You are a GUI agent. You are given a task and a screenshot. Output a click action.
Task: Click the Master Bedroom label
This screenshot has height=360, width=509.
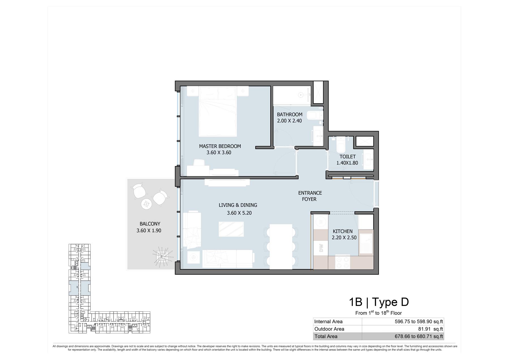(x=220, y=146)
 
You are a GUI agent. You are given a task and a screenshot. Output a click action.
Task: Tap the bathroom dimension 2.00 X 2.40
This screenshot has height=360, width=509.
(x=289, y=121)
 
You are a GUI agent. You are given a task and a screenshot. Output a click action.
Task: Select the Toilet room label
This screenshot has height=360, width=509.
(x=348, y=157)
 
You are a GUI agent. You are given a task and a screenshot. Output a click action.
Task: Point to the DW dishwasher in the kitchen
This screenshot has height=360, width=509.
(x=321, y=248)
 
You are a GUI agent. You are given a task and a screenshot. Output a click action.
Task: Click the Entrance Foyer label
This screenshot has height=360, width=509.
(x=310, y=196)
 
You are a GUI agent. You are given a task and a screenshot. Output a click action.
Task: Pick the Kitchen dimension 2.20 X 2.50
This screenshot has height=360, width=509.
(x=344, y=238)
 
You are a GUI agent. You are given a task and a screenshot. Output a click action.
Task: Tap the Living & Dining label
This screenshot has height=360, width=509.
(x=238, y=205)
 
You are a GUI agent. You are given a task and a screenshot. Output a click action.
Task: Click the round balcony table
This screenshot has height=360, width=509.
(x=146, y=204)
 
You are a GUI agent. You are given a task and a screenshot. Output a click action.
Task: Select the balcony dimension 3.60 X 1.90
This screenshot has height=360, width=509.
(x=149, y=230)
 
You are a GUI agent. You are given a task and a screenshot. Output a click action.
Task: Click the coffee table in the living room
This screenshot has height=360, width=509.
(x=231, y=229)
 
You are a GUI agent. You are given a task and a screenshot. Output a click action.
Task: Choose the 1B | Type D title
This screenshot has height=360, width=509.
(x=379, y=302)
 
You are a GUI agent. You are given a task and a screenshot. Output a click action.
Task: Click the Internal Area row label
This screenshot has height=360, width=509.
(x=328, y=322)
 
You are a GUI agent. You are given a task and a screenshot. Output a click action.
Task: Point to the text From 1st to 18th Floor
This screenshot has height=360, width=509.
(x=378, y=313)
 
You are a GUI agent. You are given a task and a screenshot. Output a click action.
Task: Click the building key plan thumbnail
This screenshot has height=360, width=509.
(x=109, y=288)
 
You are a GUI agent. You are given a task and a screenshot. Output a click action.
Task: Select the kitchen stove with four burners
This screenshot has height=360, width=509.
(x=342, y=262)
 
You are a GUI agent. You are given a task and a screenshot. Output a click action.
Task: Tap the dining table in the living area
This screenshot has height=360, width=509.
(x=281, y=247)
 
